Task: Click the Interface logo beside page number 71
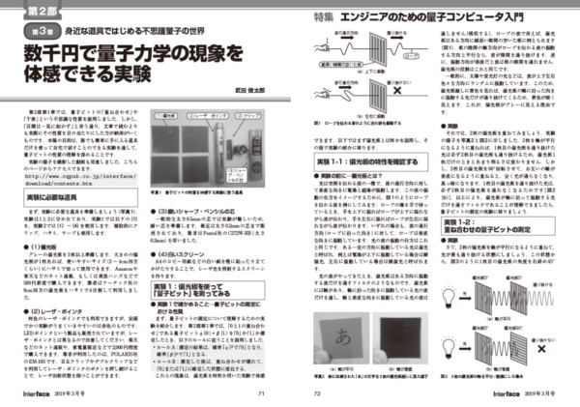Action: click(34, 394)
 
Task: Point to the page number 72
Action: click(316, 394)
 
